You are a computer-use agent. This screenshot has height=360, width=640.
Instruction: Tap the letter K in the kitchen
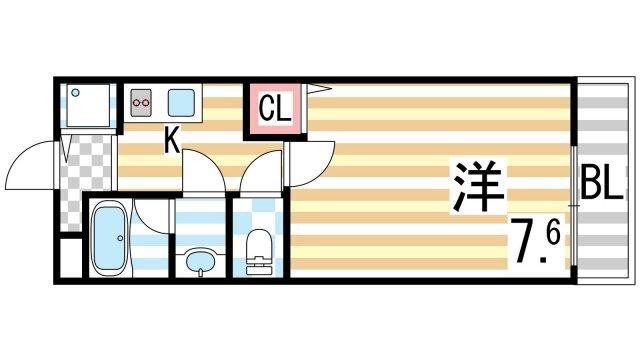(x=172, y=143)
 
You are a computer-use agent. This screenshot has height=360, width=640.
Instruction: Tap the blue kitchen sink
(x=181, y=102)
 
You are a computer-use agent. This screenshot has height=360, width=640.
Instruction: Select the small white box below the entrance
(x=68, y=257)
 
